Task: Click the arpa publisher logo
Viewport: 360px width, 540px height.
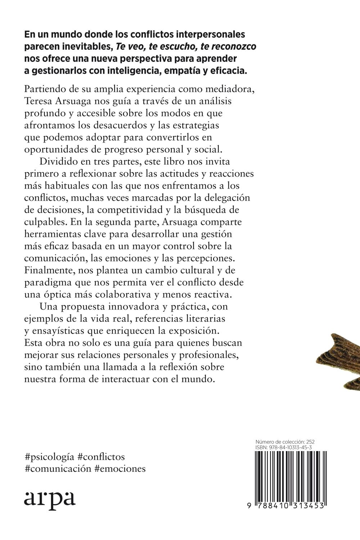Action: [x=50, y=498]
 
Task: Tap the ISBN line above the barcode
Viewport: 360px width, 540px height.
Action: [x=283, y=447]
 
